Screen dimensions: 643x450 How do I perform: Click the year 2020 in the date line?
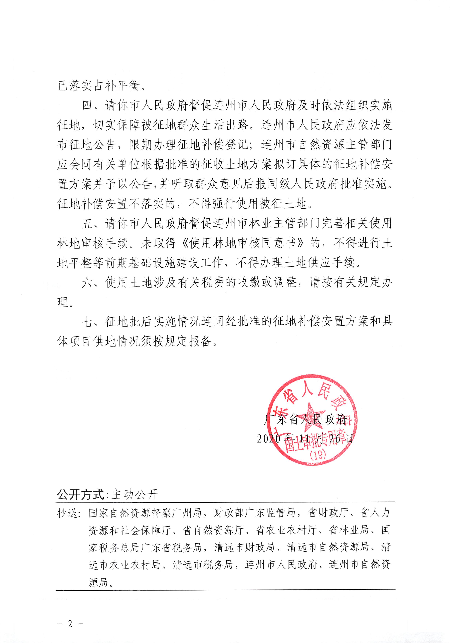[x=269, y=439]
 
